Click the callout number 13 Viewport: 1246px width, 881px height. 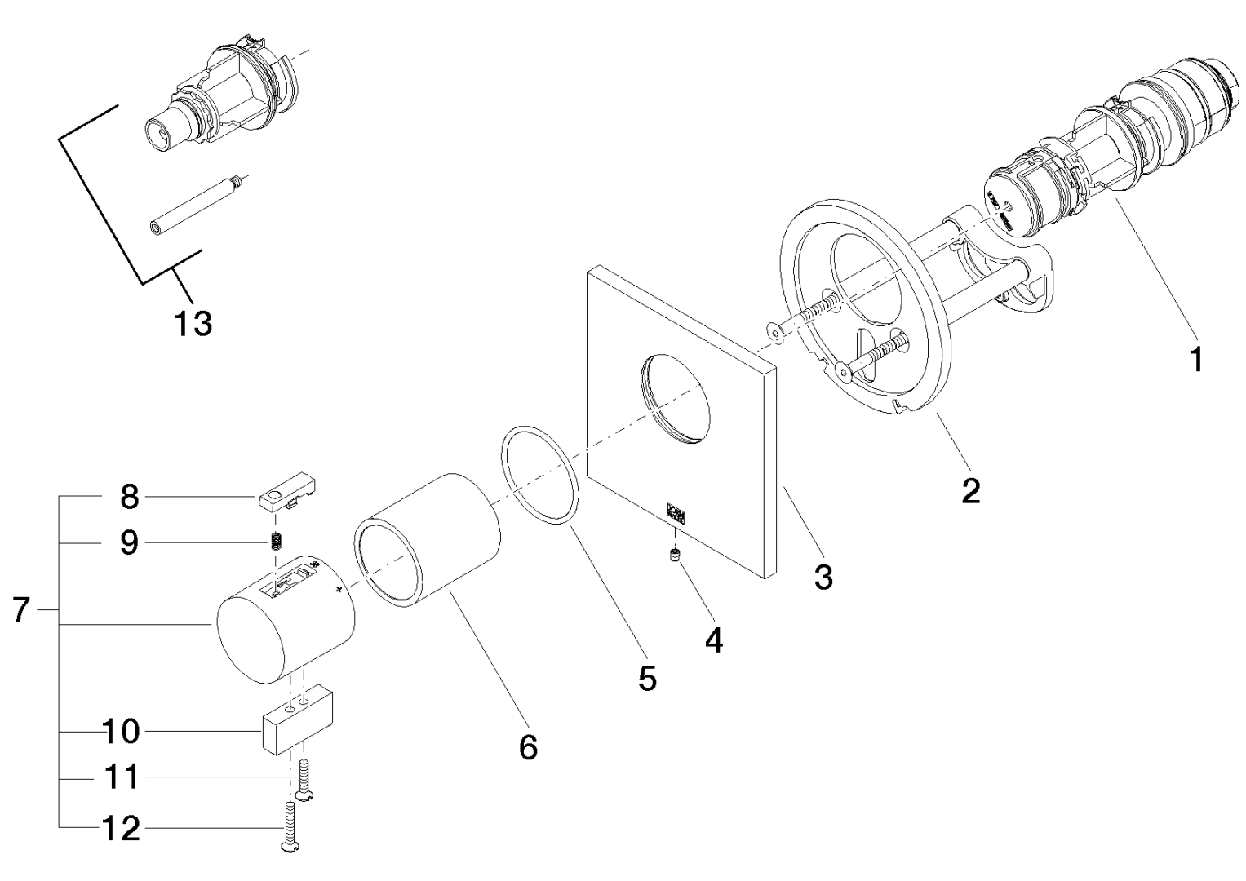(193, 324)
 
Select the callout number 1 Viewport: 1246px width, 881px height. (1196, 359)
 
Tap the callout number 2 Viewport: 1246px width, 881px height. (970, 491)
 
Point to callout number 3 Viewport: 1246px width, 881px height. (823, 577)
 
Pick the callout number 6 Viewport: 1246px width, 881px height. (529, 746)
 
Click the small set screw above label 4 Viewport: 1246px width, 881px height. (675, 556)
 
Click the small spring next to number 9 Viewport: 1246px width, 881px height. (276, 540)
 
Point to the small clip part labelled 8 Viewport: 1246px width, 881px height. (288, 496)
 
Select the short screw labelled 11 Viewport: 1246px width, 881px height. (305, 779)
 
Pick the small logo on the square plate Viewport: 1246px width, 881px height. (676, 511)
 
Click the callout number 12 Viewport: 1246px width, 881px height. (122, 830)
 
